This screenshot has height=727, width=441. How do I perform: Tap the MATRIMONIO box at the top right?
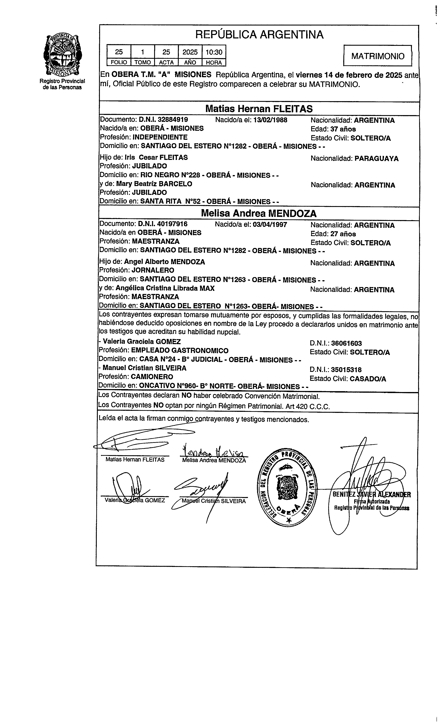(x=378, y=56)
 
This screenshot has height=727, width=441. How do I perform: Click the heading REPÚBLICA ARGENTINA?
(x=259, y=35)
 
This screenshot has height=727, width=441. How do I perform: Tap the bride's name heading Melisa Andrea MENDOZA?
(x=258, y=213)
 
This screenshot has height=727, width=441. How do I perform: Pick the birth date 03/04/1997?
(x=270, y=225)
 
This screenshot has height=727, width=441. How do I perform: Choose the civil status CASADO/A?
(x=368, y=379)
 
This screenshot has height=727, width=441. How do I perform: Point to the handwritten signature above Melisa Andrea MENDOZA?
(x=215, y=452)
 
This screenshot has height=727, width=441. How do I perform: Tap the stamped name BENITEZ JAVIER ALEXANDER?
(x=371, y=495)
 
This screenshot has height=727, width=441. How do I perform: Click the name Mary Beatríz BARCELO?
(x=154, y=184)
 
